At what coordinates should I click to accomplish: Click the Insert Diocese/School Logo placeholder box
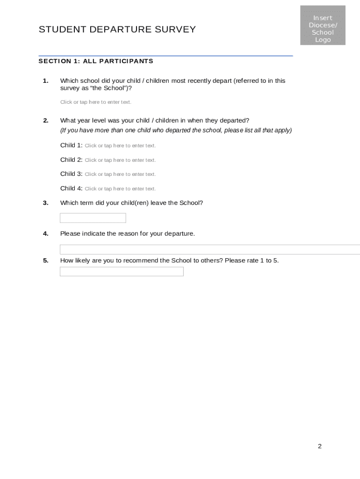click(x=323, y=25)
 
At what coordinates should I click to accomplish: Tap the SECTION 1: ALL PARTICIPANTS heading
click(x=96, y=61)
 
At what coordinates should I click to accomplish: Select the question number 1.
click(x=45, y=81)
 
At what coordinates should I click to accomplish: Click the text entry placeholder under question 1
click(x=96, y=102)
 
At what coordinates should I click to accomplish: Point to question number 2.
click(x=45, y=121)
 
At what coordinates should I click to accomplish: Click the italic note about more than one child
click(x=176, y=131)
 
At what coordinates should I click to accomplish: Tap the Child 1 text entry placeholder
click(x=120, y=146)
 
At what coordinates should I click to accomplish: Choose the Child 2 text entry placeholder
click(x=120, y=160)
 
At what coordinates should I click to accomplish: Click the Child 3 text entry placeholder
click(x=120, y=174)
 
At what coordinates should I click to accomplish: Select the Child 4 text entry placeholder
click(x=120, y=189)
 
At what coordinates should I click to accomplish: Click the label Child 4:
click(x=71, y=189)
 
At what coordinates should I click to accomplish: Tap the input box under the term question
click(x=93, y=218)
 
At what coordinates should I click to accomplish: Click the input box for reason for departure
click(x=210, y=249)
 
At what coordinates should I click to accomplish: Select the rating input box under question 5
click(x=122, y=272)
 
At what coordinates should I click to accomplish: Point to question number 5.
click(x=45, y=261)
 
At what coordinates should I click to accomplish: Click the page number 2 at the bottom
click(x=320, y=446)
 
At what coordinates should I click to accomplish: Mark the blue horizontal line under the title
click(x=166, y=56)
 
